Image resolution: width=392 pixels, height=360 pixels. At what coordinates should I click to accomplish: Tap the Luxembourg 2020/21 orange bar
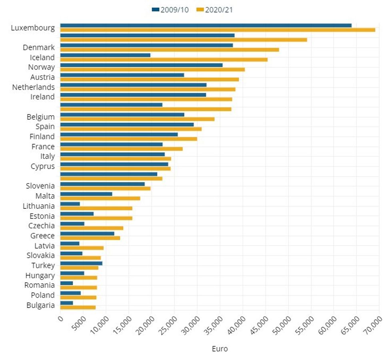pos(218,30)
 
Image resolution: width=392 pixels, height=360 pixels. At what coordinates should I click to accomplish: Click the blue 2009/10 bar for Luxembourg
pos(206,25)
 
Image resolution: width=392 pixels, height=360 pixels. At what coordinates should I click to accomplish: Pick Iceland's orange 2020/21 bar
pos(164,60)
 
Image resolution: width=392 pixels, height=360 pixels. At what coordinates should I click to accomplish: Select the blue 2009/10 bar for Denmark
pos(146,45)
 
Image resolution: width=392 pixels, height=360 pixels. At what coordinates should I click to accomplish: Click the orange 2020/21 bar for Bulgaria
pos(78,307)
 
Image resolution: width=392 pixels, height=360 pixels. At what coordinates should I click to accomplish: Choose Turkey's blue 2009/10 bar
pos(81,263)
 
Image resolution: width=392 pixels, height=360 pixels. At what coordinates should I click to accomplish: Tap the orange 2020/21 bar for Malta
pos(100,198)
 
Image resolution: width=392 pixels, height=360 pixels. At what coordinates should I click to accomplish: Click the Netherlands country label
pos(34,87)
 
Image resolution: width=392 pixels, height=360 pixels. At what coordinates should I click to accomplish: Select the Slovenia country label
pos(40,186)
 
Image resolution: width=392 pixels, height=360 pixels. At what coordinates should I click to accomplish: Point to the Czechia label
pos(42,226)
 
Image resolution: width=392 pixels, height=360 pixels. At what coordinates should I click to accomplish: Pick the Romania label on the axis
pos(40,285)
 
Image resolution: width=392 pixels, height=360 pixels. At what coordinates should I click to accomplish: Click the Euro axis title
pos(220,349)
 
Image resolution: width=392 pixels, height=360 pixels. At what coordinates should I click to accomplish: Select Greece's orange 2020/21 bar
pos(90,238)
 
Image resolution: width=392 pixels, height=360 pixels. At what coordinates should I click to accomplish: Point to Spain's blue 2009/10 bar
pos(127,124)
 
